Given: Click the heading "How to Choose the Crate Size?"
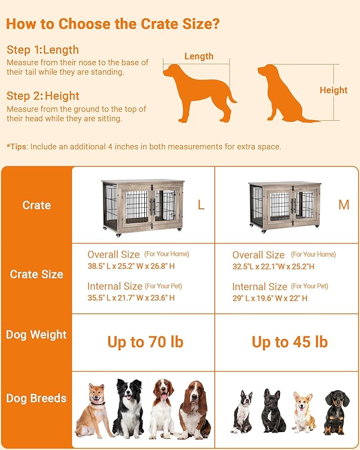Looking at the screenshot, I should (113, 24).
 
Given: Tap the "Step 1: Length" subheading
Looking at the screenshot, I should (42, 50).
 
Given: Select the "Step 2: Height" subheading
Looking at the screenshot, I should (43, 96).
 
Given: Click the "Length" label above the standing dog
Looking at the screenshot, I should (199, 56).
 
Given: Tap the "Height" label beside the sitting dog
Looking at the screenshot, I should (333, 90).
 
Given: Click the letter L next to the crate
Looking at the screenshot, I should (201, 205).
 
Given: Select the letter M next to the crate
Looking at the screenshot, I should (344, 205).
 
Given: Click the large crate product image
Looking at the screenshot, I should (143, 207).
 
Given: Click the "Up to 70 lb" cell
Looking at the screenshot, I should (145, 342).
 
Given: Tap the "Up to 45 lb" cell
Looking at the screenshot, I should (289, 342).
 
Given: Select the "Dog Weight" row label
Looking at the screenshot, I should (37, 334).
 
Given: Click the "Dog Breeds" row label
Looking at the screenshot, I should (37, 398).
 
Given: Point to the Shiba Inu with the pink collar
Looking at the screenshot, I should (94, 410).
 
